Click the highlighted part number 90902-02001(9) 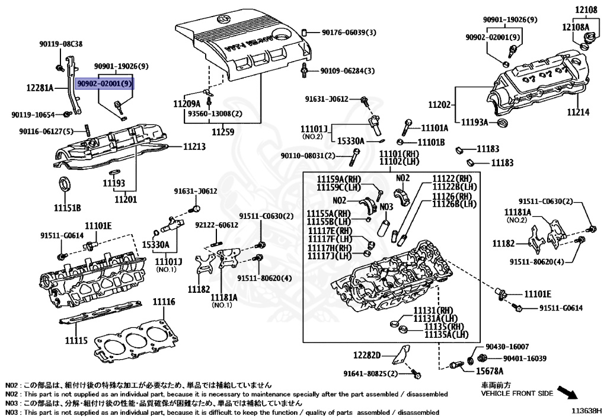(104, 83)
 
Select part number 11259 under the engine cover (223, 132)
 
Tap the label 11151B (68, 208)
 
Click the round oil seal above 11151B (64, 183)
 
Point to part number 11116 (164, 302)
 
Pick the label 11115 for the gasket (76, 340)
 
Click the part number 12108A (576, 27)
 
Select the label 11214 (579, 112)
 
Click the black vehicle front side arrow (567, 392)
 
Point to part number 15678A (490, 372)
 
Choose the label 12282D (367, 355)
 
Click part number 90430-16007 (507, 347)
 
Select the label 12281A (40, 88)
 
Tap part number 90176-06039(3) (349, 33)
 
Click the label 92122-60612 (217, 225)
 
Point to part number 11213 (194, 146)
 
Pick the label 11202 (440, 104)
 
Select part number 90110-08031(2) (308, 155)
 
